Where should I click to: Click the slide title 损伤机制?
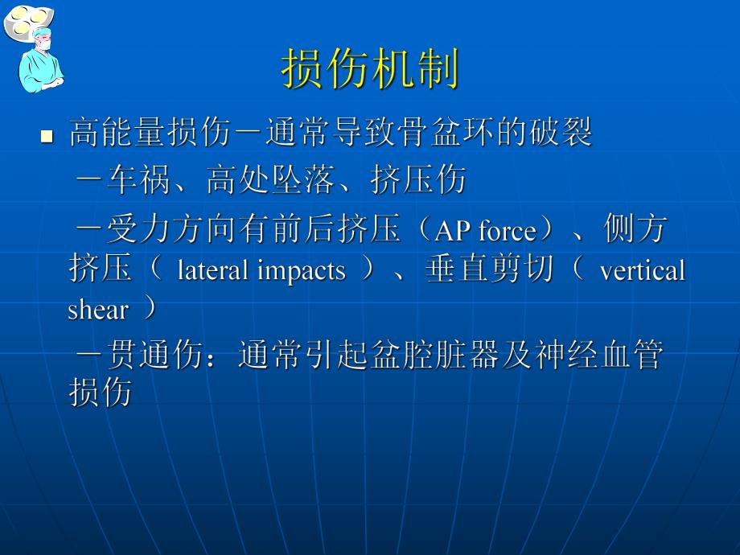(x=370, y=69)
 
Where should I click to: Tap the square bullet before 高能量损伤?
(x=47, y=137)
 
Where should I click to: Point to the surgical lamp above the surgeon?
(x=23, y=19)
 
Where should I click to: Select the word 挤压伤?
(x=418, y=181)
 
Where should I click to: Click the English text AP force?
(x=485, y=232)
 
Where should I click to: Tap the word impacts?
(x=302, y=271)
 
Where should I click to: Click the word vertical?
(x=642, y=271)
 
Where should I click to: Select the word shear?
(x=97, y=310)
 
